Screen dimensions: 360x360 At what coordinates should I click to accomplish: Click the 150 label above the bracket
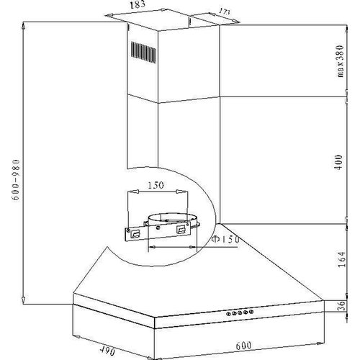coord(156,185)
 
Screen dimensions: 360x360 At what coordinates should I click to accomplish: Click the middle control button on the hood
coord(240,312)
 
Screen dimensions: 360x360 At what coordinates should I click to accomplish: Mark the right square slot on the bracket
coord(180,229)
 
